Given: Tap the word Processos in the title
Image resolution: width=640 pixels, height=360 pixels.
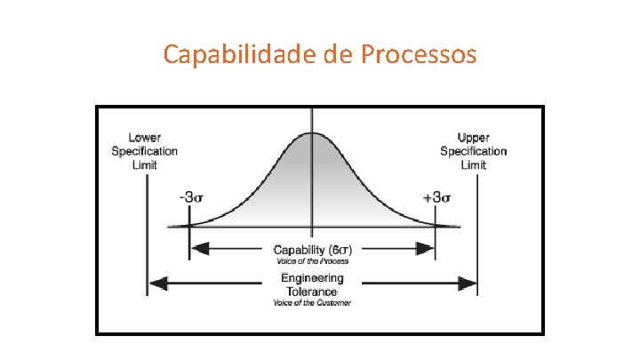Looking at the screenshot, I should point(420,55).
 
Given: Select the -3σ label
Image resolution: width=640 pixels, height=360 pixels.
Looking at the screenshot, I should point(192,198).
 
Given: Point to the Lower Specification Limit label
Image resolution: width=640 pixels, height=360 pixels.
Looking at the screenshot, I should point(144,151).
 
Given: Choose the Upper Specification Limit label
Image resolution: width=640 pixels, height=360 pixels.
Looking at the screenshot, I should point(473,151).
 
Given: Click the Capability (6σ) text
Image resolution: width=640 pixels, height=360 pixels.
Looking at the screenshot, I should point(311,250).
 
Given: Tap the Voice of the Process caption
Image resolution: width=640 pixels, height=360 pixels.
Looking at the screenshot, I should point(311,261).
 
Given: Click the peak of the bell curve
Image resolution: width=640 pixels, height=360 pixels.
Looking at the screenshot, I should point(311,133).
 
